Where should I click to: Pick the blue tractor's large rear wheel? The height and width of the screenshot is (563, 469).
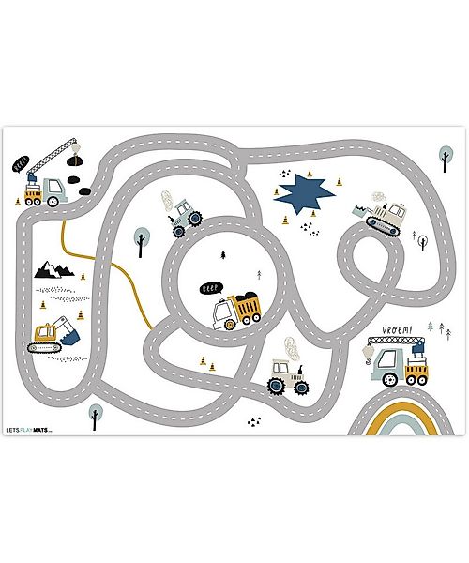click(x=194, y=219)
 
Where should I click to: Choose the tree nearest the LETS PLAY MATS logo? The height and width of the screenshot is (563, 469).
click(x=95, y=414)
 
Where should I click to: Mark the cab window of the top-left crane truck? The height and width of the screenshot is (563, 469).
click(x=53, y=185)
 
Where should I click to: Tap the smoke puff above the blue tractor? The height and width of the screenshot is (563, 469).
click(x=169, y=202)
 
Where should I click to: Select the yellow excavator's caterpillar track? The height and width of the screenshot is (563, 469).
click(x=44, y=347)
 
